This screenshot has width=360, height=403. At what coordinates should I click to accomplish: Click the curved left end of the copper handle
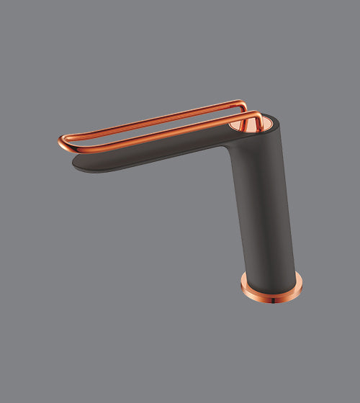(60, 140)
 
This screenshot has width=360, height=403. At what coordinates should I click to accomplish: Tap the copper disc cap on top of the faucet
(248, 124)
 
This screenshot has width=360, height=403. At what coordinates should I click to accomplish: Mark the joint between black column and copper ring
(270, 276)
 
